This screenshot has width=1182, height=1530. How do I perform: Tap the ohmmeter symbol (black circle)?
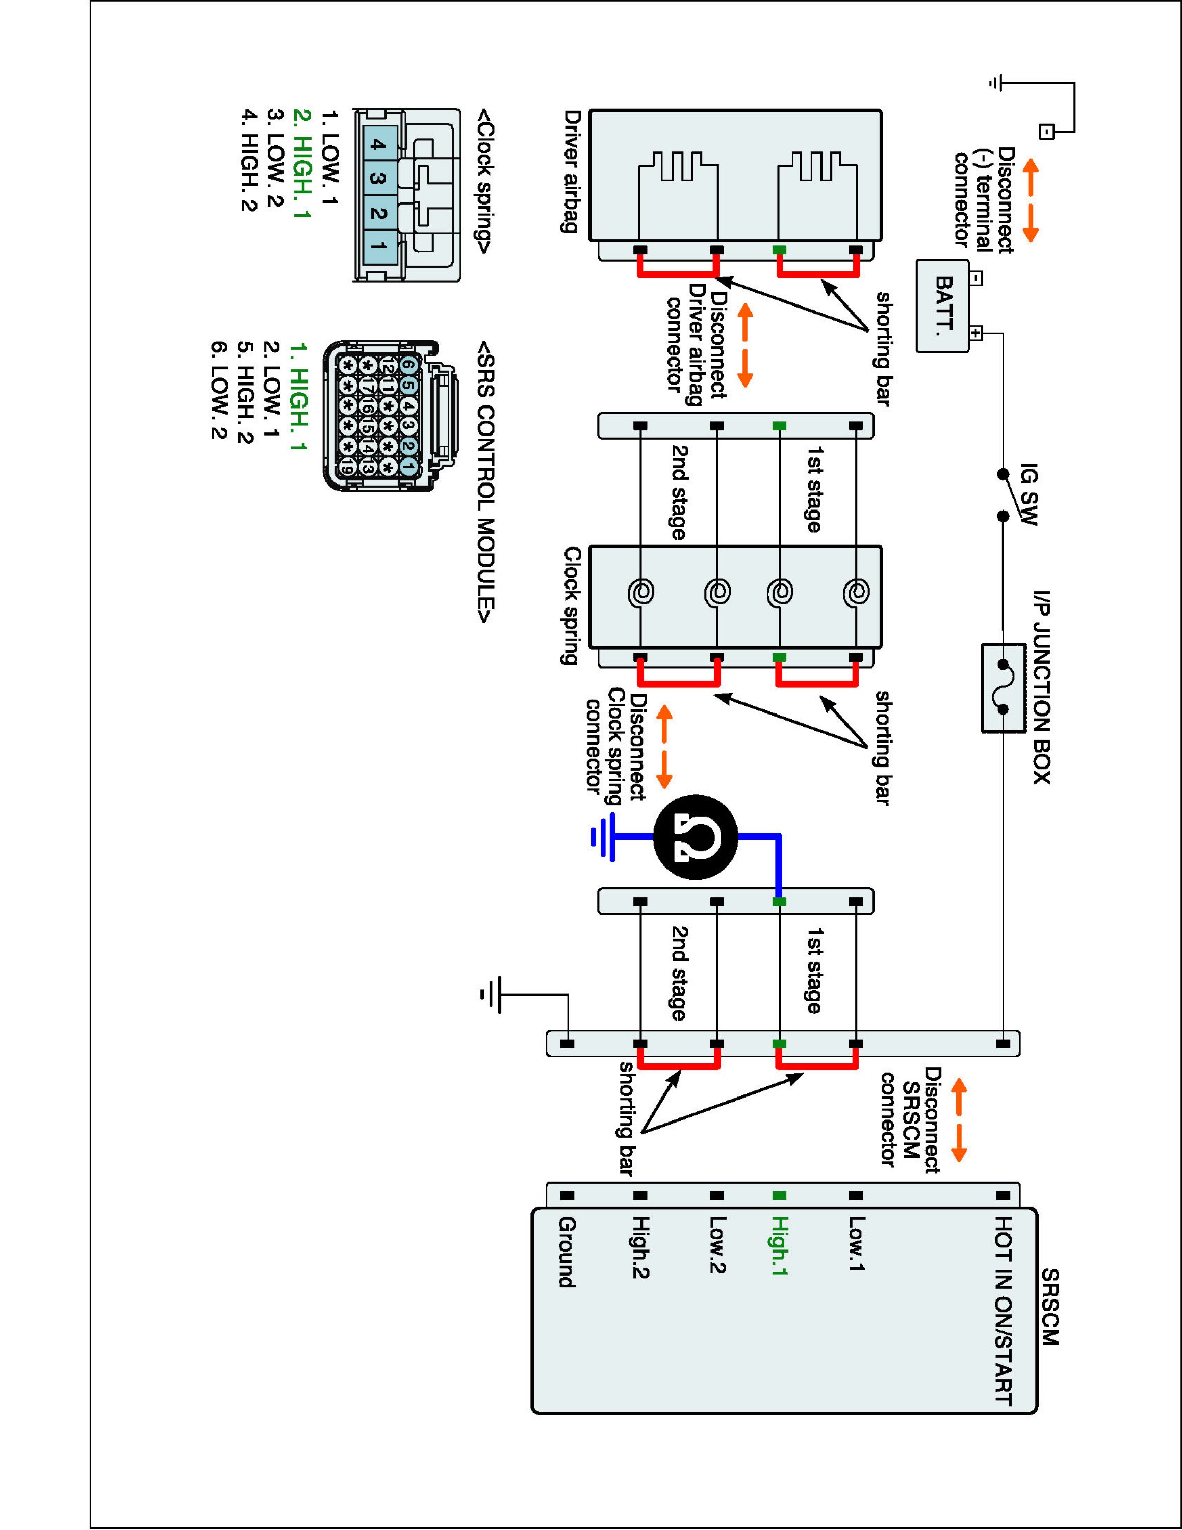[x=696, y=836]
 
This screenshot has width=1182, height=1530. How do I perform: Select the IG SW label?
[x=1028, y=493]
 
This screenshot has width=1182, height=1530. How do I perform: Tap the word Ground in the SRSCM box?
[x=567, y=1252]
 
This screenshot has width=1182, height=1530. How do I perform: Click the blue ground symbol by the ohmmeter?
[x=603, y=836]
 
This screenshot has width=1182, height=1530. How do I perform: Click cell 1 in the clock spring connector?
[x=378, y=246]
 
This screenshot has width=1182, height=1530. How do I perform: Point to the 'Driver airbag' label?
[x=572, y=170]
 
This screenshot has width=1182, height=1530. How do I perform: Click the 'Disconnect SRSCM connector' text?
[x=910, y=1117]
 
